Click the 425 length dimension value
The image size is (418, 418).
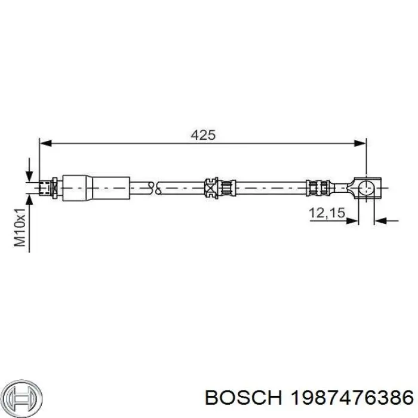point(202,136)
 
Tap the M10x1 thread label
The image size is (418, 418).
point(20,228)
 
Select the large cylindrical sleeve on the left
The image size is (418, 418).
point(96,188)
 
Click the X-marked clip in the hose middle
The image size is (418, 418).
point(210,188)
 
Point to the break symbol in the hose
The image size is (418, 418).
point(156,188)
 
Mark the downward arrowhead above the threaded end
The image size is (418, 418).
point(29,177)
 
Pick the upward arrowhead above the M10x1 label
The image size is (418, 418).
point(29,198)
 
